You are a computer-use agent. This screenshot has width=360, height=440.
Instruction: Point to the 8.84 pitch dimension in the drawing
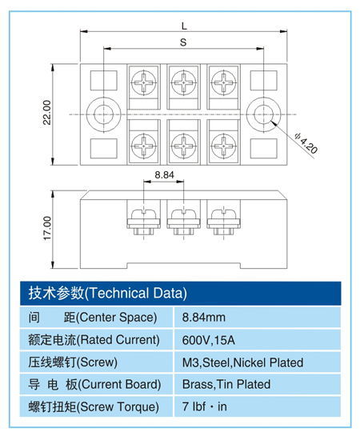coord(163,174)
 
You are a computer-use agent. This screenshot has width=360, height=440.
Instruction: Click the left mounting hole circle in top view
coord(102,114)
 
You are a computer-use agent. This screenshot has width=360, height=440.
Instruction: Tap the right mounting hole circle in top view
coord(262,114)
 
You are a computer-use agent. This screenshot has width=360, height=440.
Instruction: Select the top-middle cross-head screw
coord(183,81)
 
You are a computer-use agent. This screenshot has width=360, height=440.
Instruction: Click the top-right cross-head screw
coord(223,81)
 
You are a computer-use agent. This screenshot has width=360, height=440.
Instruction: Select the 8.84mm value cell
coord(204,316)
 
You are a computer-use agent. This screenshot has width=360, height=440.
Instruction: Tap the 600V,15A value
coord(209,339)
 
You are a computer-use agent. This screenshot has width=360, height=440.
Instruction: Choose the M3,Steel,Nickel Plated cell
coord(242,362)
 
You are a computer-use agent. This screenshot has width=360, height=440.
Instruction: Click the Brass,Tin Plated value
coord(226,385)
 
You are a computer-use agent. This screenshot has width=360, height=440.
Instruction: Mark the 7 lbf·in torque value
coord(205,407)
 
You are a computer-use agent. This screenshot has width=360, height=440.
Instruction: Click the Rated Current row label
coord(94,339)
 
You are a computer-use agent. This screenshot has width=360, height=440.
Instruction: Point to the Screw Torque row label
coord(94,407)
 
